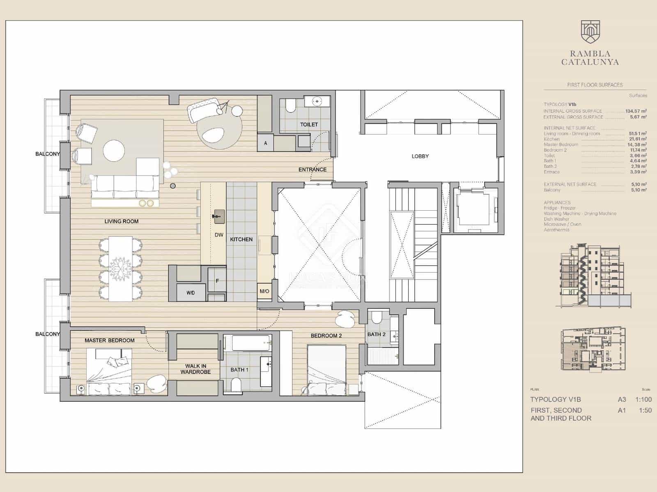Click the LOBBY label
420,156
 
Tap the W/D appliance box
191,292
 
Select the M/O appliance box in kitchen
264,291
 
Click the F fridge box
217,281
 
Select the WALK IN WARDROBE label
195,369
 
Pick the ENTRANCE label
312,169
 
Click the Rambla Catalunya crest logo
590,33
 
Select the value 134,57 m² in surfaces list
636,111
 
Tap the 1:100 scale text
643,399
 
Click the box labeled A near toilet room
266,143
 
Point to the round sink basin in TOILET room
317,101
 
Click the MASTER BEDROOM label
110,340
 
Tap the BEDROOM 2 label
326,335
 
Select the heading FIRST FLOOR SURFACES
595,85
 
